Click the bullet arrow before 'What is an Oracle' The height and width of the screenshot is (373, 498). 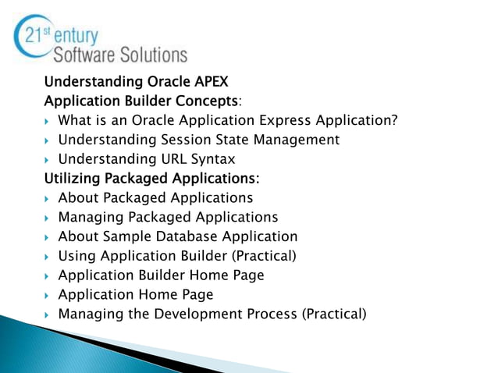point(48,122)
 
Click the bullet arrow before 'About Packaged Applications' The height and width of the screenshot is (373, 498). point(48,199)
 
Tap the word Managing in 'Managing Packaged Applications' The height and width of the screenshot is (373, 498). point(88,217)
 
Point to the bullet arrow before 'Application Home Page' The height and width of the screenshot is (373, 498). point(48,296)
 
